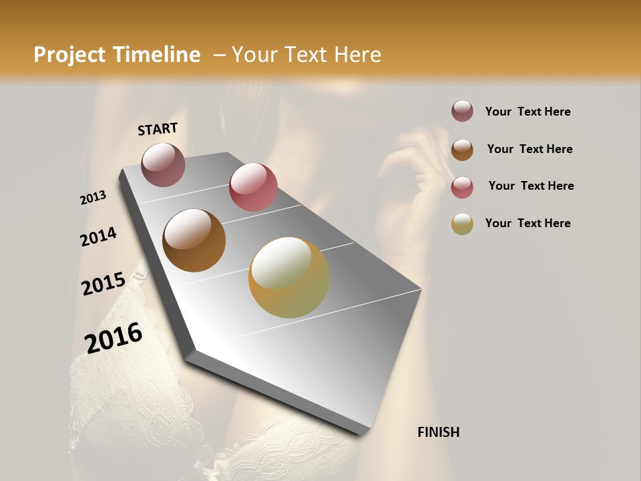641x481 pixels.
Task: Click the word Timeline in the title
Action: [x=158, y=55]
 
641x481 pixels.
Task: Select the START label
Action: [x=158, y=129]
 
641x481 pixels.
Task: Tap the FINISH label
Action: [x=439, y=432]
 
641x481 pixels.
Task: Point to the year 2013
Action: [x=93, y=198]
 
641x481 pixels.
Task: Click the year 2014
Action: [x=99, y=236]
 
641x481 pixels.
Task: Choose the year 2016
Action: [x=114, y=338]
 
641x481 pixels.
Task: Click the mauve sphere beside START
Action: [x=164, y=164]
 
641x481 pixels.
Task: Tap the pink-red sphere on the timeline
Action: [x=253, y=186]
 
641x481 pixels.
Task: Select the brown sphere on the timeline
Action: [x=194, y=240]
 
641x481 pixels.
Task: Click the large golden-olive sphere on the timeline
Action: [x=289, y=277]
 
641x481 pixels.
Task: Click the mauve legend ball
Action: [x=462, y=112]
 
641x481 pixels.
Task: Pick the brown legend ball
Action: [x=462, y=150]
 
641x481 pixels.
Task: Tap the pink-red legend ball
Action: [x=462, y=187]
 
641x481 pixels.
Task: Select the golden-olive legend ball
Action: [x=462, y=224]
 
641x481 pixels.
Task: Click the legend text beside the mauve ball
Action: [x=528, y=112]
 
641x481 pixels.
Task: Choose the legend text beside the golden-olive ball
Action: [x=528, y=223]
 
